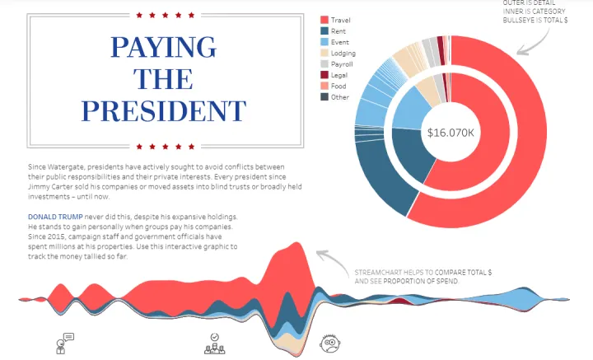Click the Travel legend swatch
(324, 19)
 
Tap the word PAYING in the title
(164, 47)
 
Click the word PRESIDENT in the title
(164, 111)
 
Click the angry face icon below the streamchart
(330, 344)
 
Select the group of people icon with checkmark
(214, 344)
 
